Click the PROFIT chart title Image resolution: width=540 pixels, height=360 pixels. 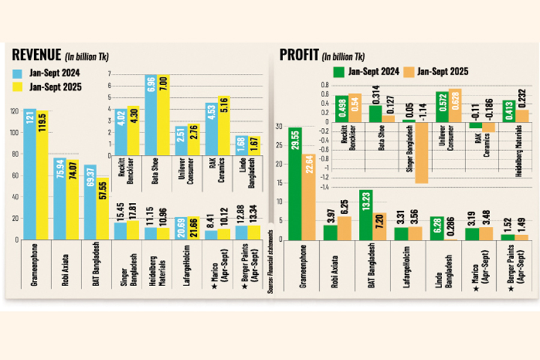click(x=299, y=55)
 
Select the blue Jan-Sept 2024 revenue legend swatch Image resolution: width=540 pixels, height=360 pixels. click(x=19, y=74)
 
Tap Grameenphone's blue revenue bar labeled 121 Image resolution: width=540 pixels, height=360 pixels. click(x=31, y=174)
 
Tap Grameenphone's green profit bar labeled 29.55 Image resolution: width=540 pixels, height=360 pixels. click(x=295, y=184)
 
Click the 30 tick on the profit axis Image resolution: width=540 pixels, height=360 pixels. click(x=279, y=126)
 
